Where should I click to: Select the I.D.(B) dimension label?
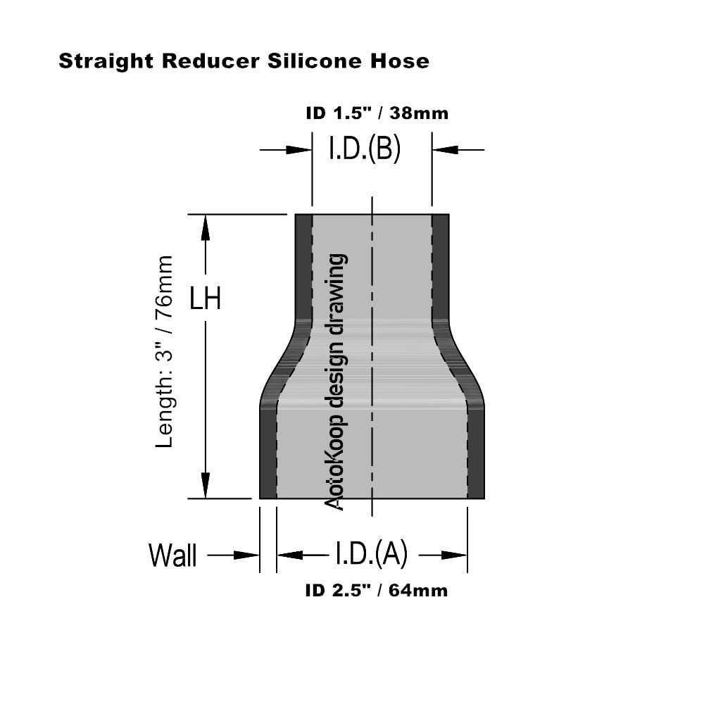pos(365,149)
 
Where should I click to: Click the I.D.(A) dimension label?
pos(371,555)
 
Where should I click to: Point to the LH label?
pos(206,299)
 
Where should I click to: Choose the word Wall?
pos(172,555)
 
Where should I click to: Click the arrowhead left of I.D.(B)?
pos(299,149)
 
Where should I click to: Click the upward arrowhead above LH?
pos(206,227)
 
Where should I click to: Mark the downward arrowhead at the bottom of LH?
pos(206,486)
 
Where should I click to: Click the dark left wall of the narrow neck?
pos(303,268)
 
